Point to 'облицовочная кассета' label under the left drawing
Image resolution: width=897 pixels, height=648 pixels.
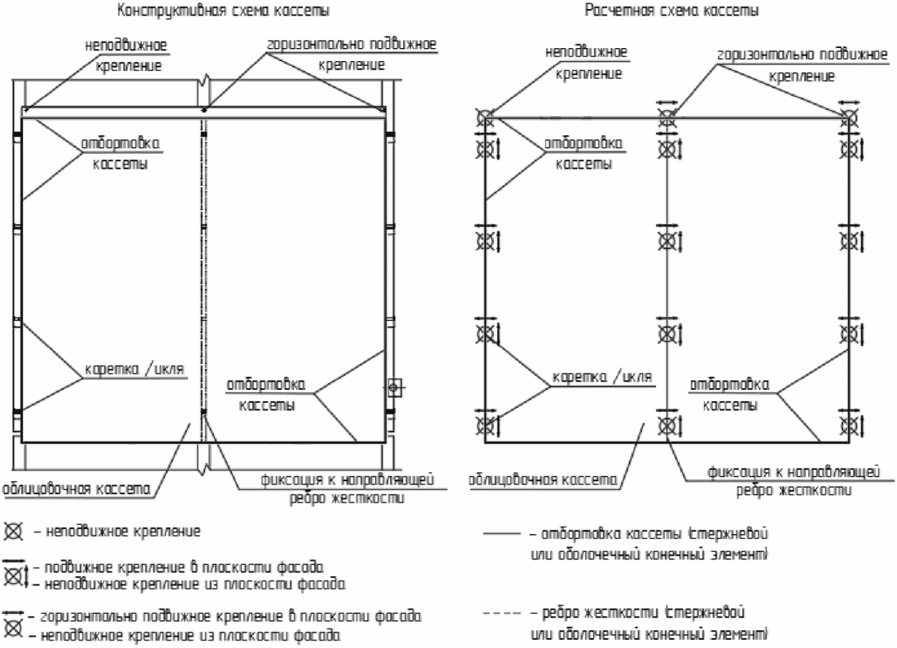tap(77, 489)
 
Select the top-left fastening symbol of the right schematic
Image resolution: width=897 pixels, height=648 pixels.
tap(485, 119)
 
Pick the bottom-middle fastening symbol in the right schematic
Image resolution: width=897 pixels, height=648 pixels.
tap(667, 424)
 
